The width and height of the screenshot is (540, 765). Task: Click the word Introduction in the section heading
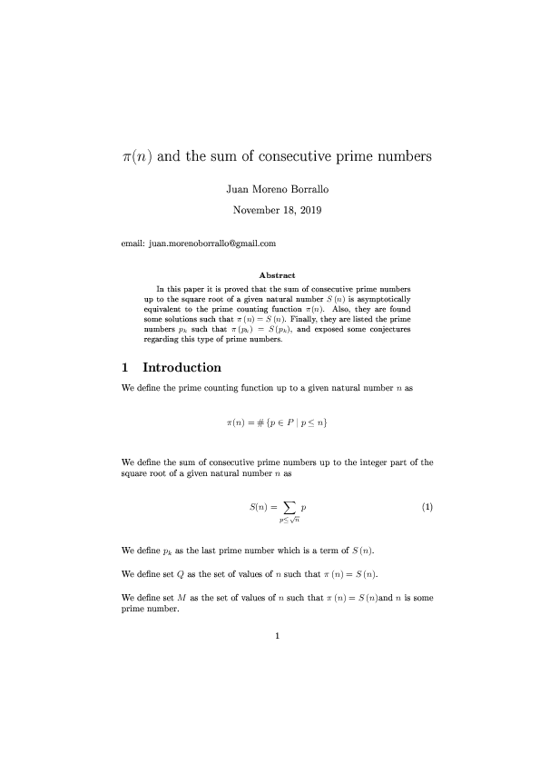(x=182, y=368)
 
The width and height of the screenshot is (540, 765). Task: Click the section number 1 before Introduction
(x=125, y=368)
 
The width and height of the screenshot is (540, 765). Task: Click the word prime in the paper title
(x=357, y=155)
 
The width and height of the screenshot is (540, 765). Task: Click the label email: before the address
(x=133, y=243)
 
